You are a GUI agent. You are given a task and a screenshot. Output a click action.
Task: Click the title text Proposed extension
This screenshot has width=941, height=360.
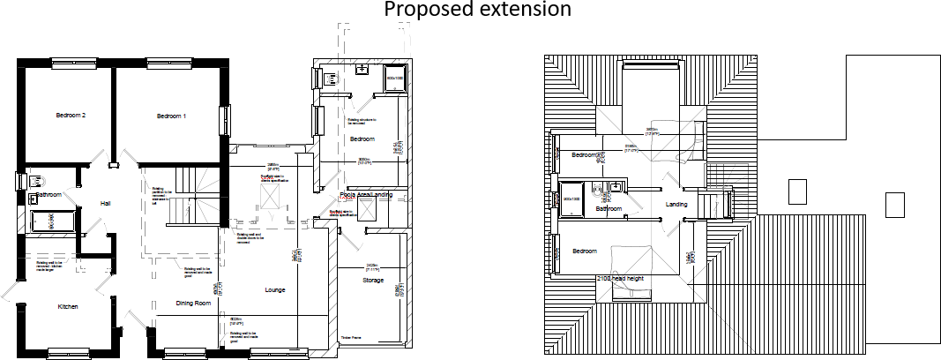pyautogui.click(x=477, y=10)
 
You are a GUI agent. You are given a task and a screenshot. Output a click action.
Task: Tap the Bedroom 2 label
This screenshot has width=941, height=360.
pyautogui.click(x=71, y=116)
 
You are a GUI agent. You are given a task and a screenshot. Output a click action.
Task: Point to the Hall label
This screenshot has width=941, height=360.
pyautogui.click(x=105, y=204)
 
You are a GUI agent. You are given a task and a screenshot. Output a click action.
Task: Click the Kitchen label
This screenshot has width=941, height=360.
pyautogui.click(x=69, y=307)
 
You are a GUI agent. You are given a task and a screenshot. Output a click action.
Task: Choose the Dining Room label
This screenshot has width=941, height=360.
pyautogui.click(x=193, y=304)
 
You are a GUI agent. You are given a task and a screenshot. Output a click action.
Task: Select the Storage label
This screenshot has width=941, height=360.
pyautogui.click(x=373, y=281)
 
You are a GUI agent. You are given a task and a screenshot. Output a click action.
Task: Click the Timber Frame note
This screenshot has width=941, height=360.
pyautogui.click(x=351, y=337)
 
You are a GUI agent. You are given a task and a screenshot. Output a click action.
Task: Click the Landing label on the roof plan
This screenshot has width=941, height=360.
pyautogui.click(x=676, y=205)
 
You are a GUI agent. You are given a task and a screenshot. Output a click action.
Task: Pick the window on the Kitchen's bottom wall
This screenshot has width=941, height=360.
pyautogui.click(x=71, y=353)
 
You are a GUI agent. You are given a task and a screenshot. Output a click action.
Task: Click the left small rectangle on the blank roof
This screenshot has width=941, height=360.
pyautogui.click(x=796, y=191)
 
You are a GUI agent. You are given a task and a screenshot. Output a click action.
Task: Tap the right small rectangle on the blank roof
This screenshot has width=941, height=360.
pyautogui.click(x=895, y=205)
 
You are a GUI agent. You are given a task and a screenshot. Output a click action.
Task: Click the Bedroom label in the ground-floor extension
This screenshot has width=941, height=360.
pyautogui.click(x=363, y=139)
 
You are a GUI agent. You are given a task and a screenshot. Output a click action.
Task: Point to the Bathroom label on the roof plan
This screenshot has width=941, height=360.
pyautogui.click(x=609, y=209)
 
